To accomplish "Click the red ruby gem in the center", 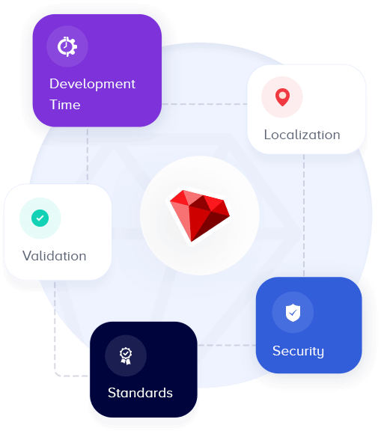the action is tap(200, 215).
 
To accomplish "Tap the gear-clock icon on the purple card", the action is tap(67, 46).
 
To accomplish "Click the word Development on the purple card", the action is tap(92, 84).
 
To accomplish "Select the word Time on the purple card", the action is tap(65, 105).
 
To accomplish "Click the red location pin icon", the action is tap(282, 97).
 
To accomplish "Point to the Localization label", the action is tap(302, 135).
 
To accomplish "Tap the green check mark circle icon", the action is tap(40, 218).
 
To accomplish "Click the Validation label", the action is tap(54, 256).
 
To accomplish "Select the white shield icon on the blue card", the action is tap(293, 313).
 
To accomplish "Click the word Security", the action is tap(298, 351).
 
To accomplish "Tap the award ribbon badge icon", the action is tap(126, 356).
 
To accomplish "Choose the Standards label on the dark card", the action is tap(140, 393).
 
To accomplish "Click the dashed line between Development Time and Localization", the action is tap(204, 104).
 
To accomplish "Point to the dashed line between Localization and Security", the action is tap(304, 215).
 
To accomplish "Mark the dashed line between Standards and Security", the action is tap(227, 345).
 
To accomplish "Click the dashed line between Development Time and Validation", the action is tap(88, 156).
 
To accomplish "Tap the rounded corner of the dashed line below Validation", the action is tap(57, 373).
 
